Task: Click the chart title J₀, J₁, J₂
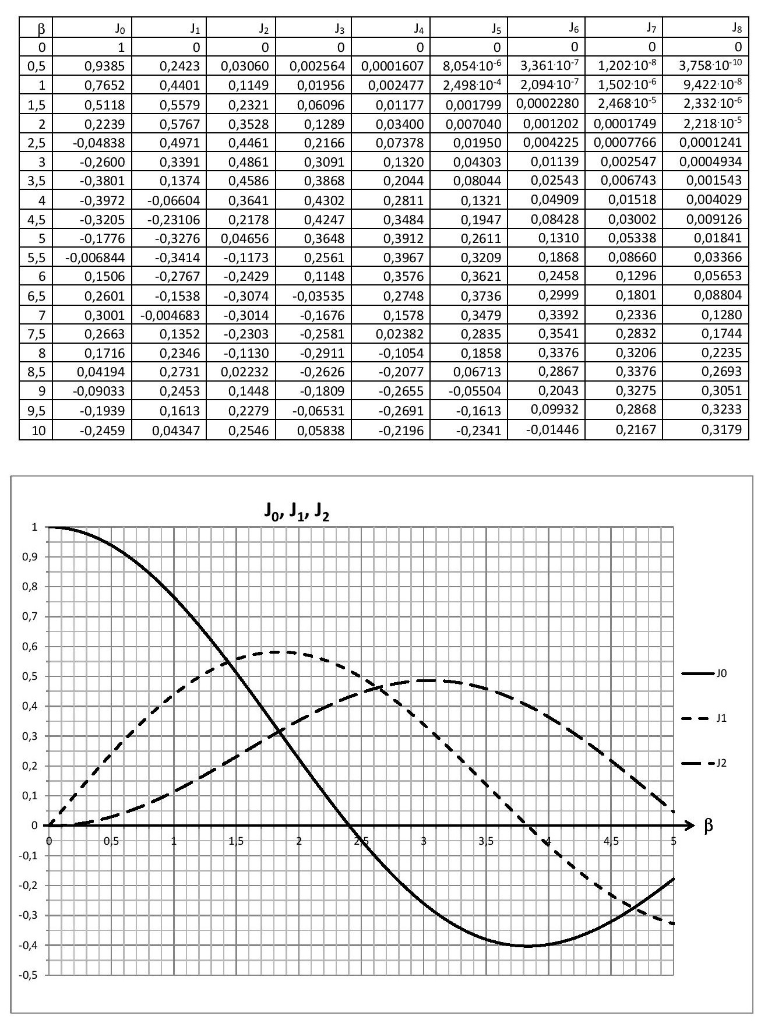coord(295,513)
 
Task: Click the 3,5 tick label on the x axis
coord(486,841)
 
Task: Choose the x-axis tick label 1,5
coord(236,841)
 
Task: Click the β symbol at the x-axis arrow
coord(709,826)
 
